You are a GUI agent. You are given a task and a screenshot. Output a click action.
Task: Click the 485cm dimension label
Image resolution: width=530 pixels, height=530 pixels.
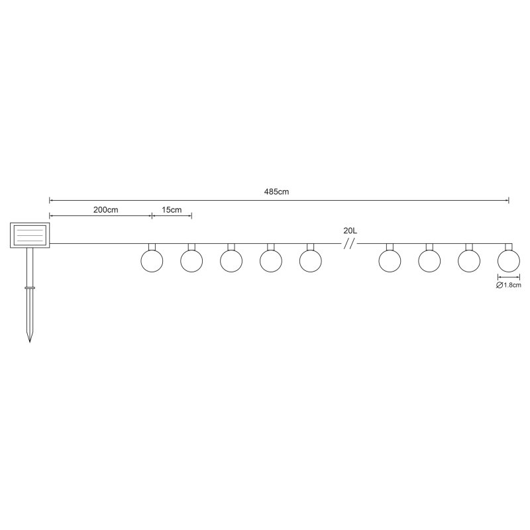pyautogui.click(x=276, y=191)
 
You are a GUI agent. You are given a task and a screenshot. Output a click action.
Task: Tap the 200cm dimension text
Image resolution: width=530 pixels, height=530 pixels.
pyautogui.click(x=106, y=209)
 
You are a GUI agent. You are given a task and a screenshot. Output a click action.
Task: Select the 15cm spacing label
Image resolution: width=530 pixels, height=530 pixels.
pyautogui.click(x=172, y=209)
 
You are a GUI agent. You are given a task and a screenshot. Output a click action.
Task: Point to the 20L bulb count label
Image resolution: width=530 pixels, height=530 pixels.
pyautogui.click(x=350, y=231)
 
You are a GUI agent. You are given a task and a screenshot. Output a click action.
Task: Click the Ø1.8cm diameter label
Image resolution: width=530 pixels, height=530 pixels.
pyautogui.click(x=508, y=285)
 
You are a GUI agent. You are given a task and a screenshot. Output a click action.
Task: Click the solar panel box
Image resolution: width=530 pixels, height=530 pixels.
pyautogui.click(x=30, y=235)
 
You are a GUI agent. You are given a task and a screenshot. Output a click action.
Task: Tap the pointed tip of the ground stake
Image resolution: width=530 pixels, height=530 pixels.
pyautogui.click(x=29, y=342)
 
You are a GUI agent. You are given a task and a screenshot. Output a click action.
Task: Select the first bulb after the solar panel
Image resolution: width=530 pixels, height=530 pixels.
pyautogui.click(x=152, y=261)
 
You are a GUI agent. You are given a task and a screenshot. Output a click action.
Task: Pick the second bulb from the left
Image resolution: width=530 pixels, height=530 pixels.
pyautogui.click(x=191, y=261)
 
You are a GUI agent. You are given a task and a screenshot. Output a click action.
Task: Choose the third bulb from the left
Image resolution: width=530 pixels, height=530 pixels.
pyautogui.click(x=231, y=261)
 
